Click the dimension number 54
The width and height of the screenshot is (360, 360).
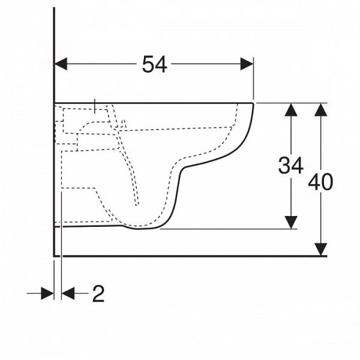155,65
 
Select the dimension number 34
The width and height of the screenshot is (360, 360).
290,166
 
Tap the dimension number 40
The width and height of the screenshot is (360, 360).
320,182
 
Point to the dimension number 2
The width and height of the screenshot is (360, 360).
98,294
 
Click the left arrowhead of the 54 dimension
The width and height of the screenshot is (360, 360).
61,64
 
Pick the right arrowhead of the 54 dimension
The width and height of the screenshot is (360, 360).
247,64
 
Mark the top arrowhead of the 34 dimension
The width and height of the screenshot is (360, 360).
291,110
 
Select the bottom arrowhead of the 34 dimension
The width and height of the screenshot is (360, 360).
291,222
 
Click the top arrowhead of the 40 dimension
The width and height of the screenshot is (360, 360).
321,110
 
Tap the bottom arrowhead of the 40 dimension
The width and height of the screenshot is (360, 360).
321,249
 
